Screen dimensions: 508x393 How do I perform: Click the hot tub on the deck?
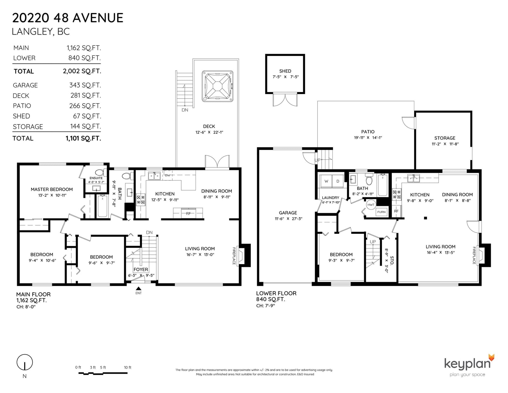[217, 86]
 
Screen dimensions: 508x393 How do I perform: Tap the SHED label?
[285, 71]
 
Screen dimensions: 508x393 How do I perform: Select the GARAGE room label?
[288, 213]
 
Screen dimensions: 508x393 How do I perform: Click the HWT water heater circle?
[371, 205]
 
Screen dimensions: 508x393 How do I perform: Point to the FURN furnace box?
[381, 212]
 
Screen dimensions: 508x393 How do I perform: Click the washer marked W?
[326, 181]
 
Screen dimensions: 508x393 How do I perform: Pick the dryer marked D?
[338, 181]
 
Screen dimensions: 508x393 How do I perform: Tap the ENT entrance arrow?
[138, 288]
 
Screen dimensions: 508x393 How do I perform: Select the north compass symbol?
[24, 363]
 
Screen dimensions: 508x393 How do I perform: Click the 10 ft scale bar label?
[128, 368]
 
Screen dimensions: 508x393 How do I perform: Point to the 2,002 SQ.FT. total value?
[82, 71]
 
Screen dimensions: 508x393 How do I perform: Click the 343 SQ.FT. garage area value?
[85, 85]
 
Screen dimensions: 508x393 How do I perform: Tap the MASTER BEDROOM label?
[52, 189]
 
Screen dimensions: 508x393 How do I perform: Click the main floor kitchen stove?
[141, 200]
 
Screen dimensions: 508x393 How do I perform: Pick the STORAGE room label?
[444, 138]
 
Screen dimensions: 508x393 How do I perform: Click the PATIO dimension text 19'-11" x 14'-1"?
[368, 138]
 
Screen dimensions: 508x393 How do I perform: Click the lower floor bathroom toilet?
[369, 179]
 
